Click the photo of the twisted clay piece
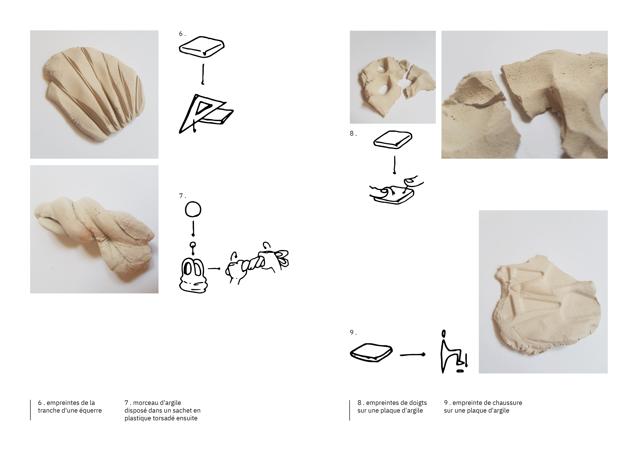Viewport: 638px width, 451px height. [94, 229]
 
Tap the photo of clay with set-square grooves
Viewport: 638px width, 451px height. [94, 94]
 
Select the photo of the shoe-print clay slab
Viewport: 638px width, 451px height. [543, 292]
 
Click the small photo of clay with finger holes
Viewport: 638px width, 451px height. [393, 77]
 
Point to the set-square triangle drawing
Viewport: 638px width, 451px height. [206, 114]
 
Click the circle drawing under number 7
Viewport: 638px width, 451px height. [193, 209]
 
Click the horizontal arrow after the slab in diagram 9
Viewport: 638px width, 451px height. [412, 355]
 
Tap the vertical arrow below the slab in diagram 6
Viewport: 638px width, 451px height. [203, 74]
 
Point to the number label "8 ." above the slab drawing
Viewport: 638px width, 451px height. [353, 134]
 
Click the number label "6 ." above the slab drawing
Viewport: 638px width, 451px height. [182, 34]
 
